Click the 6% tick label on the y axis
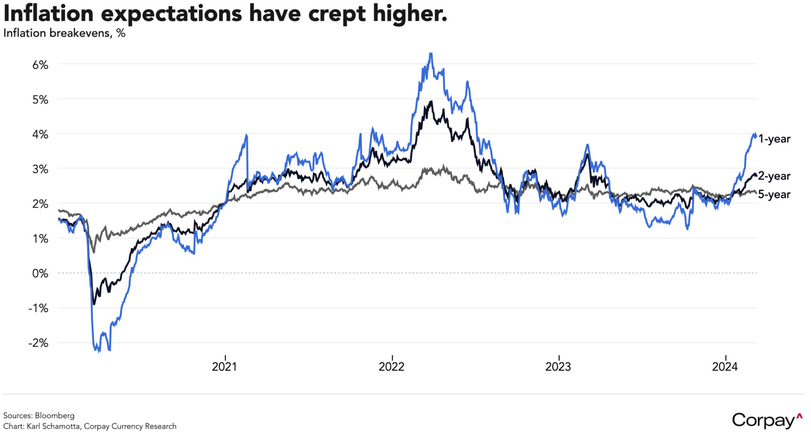click(40, 65)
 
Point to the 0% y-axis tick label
click(40, 274)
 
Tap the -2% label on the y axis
click(38, 343)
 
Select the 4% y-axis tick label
click(40, 134)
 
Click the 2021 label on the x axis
click(224, 367)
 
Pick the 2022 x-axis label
click(391, 367)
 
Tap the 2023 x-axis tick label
click(558, 367)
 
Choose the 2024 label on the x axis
click(725, 367)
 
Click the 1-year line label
click(774, 139)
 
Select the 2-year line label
click(774, 176)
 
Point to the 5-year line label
click(774, 194)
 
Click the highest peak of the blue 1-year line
click(431, 54)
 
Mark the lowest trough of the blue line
click(99, 351)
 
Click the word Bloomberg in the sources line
click(54, 415)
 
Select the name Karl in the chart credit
click(34, 426)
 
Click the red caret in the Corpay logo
click(799, 416)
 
